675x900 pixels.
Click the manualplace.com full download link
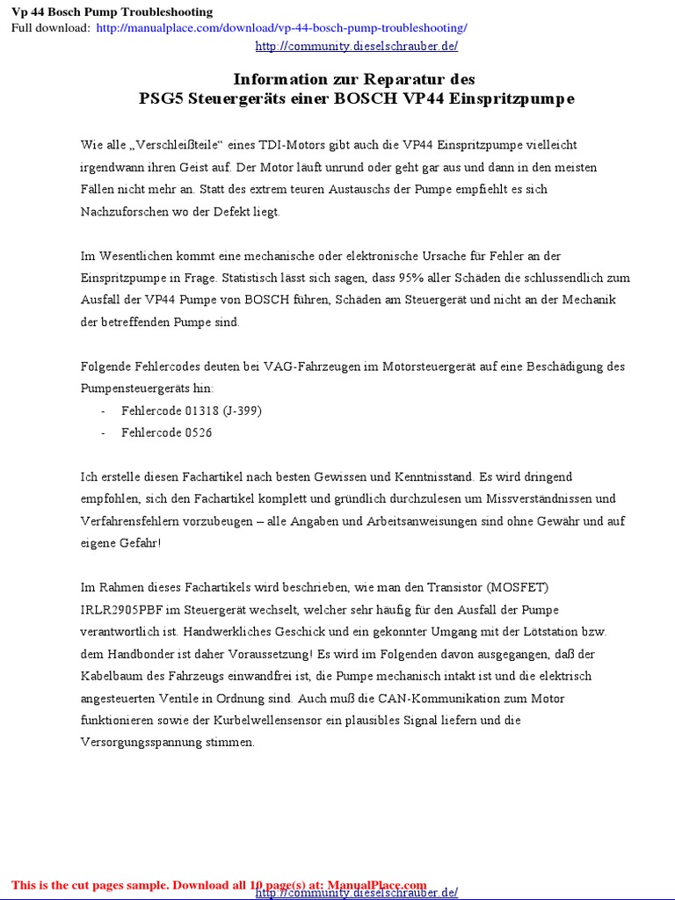[281, 28]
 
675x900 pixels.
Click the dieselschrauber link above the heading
[356, 47]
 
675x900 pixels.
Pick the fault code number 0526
[198, 432]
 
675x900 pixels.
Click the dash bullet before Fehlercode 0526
[104, 432]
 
